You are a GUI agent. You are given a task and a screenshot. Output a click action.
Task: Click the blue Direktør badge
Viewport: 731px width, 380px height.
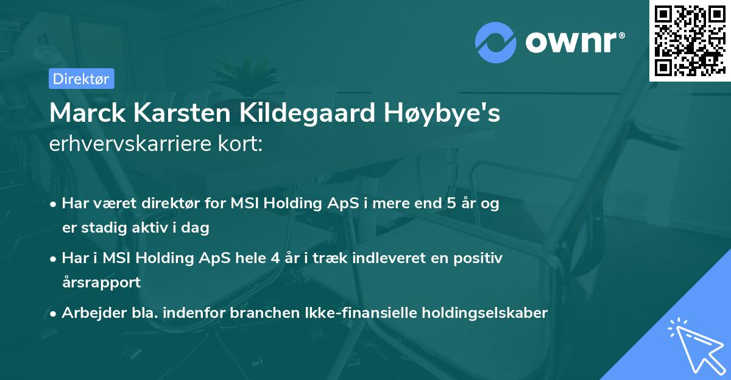click(82, 79)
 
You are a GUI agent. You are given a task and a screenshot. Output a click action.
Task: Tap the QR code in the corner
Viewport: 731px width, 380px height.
click(690, 41)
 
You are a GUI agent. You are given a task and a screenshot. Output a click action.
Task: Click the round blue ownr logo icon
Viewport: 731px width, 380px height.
click(496, 43)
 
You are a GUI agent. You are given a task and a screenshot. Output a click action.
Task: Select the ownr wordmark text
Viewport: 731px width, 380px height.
click(571, 43)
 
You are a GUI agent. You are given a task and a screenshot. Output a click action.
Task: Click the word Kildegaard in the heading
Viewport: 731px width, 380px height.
click(308, 113)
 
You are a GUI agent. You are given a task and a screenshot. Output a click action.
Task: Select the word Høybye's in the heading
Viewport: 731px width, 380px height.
click(442, 113)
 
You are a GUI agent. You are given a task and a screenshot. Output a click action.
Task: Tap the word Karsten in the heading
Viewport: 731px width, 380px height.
click(182, 113)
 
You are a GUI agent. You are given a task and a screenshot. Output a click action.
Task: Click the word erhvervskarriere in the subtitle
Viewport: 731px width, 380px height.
click(130, 144)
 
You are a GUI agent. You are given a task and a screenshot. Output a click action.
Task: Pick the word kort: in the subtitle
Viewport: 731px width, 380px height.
click(241, 144)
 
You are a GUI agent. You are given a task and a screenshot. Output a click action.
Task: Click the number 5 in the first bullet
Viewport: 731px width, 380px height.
click(451, 203)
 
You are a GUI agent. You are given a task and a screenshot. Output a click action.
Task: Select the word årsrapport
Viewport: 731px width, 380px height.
click(101, 283)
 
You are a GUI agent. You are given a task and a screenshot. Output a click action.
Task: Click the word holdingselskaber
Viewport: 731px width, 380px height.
click(485, 313)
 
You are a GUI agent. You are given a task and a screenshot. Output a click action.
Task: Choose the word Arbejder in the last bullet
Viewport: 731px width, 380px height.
click(94, 313)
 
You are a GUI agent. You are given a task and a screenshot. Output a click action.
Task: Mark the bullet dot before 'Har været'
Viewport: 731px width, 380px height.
click(52, 205)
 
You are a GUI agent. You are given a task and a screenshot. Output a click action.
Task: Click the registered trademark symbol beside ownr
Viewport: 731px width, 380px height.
click(621, 35)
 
